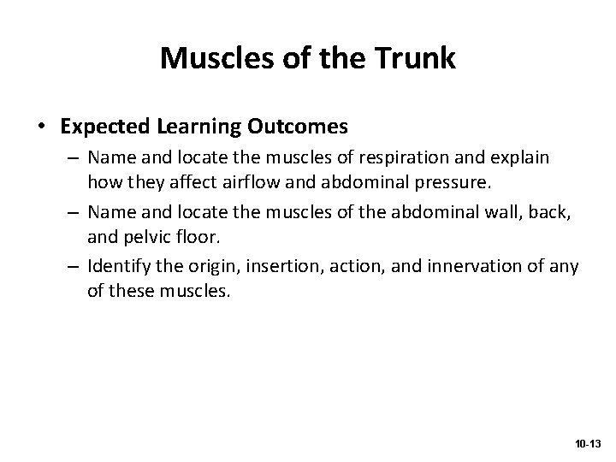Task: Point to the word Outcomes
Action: pos(299,127)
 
